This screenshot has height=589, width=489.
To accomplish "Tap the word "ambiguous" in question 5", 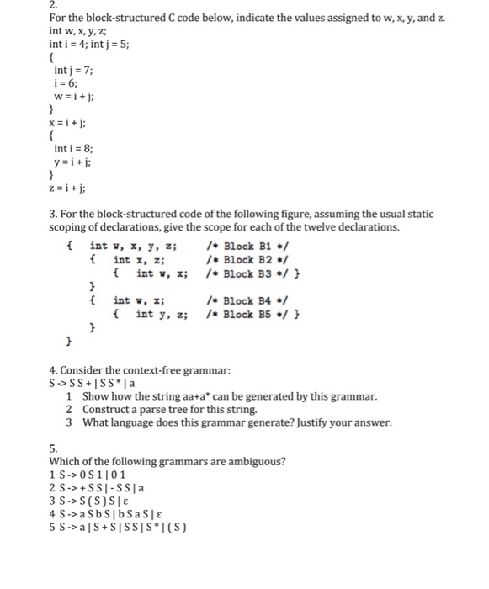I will (x=251, y=461).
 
